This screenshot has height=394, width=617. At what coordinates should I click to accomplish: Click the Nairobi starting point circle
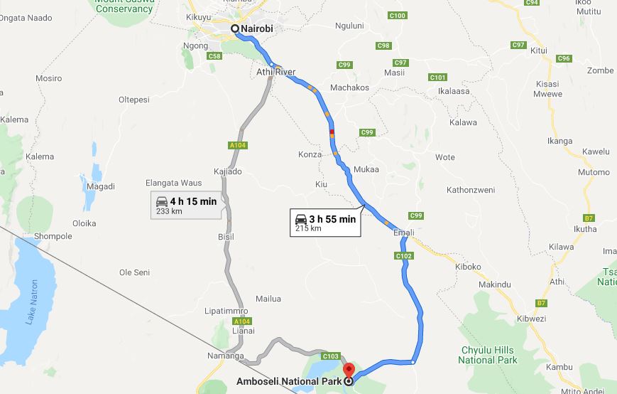coord(235,28)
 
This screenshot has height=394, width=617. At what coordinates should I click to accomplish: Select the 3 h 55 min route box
coord(325,223)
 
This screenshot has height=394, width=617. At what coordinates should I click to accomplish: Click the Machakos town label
coord(350,87)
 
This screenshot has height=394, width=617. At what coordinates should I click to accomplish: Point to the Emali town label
coord(403,233)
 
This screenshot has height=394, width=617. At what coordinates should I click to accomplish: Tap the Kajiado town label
coord(228,172)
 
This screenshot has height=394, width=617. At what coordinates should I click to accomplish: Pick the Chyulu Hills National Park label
coord(488,355)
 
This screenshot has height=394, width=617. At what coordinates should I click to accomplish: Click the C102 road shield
coord(403,256)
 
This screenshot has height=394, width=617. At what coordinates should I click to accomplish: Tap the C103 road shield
coord(331,356)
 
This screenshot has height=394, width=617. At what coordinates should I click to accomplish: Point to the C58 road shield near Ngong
coord(214,55)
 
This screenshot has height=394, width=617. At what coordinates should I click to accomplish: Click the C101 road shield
coord(438,77)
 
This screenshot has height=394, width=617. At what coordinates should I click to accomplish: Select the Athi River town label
coord(276,73)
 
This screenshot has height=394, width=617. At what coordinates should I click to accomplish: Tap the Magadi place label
coord(101,186)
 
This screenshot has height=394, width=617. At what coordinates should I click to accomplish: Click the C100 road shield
coord(398,16)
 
